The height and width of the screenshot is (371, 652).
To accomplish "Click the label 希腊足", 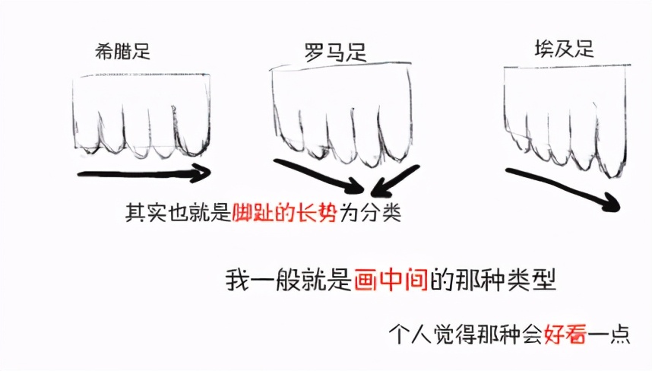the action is click(x=122, y=51).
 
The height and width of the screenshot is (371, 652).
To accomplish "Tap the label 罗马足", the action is click(x=335, y=52).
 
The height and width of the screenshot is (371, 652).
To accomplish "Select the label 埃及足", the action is click(x=565, y=49).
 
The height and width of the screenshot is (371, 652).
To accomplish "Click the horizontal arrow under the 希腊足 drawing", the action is click(x=144, y=173).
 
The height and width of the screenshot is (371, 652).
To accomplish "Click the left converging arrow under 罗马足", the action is click(x=319, y=176).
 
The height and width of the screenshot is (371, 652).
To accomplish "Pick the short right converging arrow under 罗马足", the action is click(x=394, y=181).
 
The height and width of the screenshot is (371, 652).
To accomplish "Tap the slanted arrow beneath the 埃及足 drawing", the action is click(x=563, y=189).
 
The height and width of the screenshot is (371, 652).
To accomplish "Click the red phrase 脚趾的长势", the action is click(x=284, y=213).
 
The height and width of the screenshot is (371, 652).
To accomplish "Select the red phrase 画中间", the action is click(x=391, y=280).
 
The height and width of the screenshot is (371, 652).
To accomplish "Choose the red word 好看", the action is click(x=565, y=333).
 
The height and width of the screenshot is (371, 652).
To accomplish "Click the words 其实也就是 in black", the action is click(x=179, y=213).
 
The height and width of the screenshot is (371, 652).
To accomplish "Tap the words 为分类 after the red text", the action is click(x=369, y=213).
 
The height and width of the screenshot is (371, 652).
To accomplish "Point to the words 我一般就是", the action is click(x=290, y=280).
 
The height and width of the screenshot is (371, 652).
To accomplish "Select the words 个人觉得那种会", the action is click(x=466, y=333).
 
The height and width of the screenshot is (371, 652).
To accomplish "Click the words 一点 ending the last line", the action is click(x=609, y=333).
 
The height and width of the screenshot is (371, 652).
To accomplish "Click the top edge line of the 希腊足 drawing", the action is click(x=141, y=75).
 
